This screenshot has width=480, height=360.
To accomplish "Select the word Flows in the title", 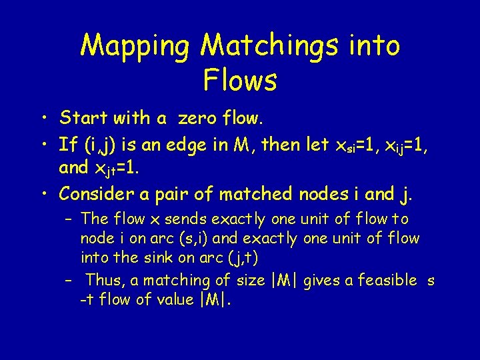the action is click(x=240, y=81).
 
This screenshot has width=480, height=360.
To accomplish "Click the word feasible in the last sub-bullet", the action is click(x=387, y=280).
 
